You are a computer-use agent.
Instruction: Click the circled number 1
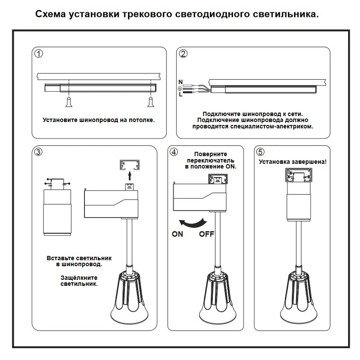(x=39, y=54)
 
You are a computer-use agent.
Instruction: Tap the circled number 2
(x=183, y=54)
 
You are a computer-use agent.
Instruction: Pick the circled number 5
(x=261, y=152)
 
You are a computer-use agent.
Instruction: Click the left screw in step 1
(x=69, y=102)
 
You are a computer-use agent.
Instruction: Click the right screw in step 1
(x=150, y=102)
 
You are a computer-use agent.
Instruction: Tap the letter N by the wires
(x=180, y=81)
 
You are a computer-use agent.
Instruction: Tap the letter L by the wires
(x=180, y=95)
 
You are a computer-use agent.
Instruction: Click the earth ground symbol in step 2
(x=180, y=88)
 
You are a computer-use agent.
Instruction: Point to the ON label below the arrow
(x=177, y=234)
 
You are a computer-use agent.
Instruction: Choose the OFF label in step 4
(x=206, y=234)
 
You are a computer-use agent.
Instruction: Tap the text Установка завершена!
(x=293, y=162)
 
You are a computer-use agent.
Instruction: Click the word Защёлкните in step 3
(x=79, y=277)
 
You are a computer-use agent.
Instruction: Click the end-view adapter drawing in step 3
(x=56, y=207)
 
